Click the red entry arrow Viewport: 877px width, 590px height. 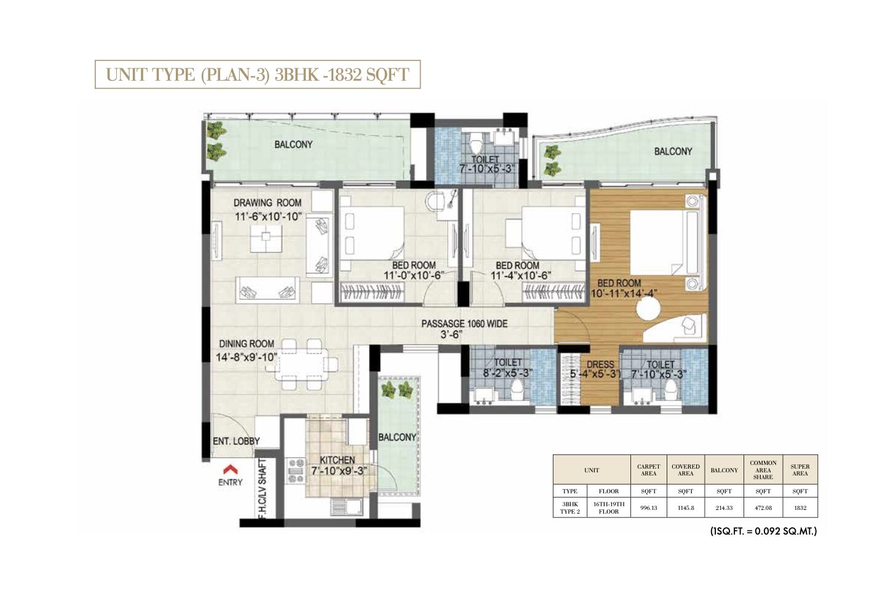(x=230, y=469)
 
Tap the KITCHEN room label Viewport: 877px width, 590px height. (x=337, y=460)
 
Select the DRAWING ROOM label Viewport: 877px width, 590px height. (x=268, y=203)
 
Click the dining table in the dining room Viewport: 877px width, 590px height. (x=305, y=364)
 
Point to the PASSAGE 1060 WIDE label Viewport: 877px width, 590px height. (x=464, y=323)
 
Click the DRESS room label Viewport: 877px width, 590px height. (x=600, y=364)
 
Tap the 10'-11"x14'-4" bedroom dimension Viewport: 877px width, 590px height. (x=624, y=293)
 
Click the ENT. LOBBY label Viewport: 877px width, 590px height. (x=236, y=441)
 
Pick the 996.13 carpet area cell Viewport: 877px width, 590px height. (x=648, y=508)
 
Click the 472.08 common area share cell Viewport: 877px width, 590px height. (x=763, y=508)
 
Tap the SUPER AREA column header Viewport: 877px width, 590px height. (x=800, y=470)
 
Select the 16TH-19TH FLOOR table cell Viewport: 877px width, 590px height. (x=608, y=507)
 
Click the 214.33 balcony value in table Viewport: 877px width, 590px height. (x=724, y=508)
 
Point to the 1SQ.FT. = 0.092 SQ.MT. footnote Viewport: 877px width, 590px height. (x=763, y=531)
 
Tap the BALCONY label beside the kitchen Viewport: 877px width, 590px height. (x=397, y=437)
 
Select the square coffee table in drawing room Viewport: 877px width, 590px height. (x=266, y=238)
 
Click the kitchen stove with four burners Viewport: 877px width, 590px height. (x=296, y=471)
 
